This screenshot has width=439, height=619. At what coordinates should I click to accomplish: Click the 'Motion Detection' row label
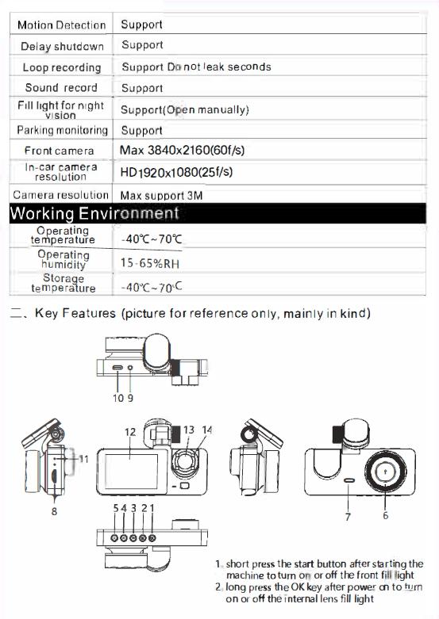point(61,25)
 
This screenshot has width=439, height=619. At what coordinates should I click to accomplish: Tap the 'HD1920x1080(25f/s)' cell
point(176,172)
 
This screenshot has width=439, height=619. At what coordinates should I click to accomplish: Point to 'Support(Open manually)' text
point(184,109)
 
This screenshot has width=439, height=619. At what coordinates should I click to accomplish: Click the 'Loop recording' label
point(62,67)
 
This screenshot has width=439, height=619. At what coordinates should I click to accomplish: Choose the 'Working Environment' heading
point(94,213)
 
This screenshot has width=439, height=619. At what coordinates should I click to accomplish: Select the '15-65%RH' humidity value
point(147,262)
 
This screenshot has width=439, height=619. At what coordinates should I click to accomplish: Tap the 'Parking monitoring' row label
point(62,130)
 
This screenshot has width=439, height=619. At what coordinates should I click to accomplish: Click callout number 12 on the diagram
point(130,432)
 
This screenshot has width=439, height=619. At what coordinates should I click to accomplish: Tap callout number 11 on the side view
point(83,458)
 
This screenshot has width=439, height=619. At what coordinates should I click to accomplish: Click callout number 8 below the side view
point(54,511)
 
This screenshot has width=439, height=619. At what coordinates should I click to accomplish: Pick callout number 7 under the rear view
point(348,517)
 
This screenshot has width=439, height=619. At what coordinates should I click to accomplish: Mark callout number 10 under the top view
point(116,398)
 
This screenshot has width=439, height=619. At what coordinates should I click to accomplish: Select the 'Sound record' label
point(61,88)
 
